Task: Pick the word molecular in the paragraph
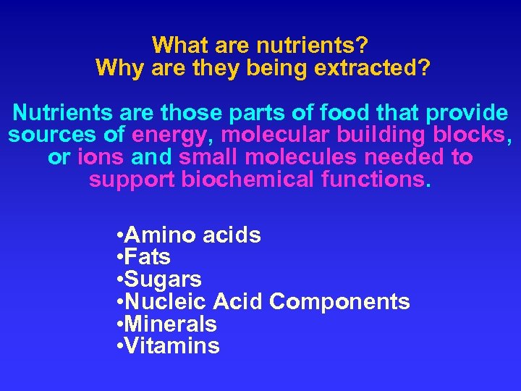pyautogui.click(x=274, y=135)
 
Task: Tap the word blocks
pyautogui.click(x=472, y=135)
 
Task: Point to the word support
pyautogui.click(x=132, y=179)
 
